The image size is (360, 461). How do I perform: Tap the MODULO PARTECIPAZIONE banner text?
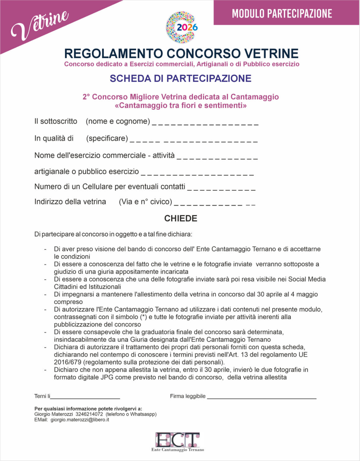click(x=282, y=13)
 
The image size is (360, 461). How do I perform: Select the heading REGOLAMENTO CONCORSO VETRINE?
click(x=181, y=53)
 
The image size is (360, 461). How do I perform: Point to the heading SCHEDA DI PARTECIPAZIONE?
click(x=180, y=78)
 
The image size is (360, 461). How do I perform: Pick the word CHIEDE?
click(x=181, y=218)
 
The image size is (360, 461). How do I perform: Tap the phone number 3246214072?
click(x=89, y=414)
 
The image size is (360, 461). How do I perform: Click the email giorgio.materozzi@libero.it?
click(x=80, y=420)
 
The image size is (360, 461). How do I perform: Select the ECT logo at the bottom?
click(x=178, y=440)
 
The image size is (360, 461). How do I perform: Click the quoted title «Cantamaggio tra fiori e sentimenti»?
click(x=181, y=105)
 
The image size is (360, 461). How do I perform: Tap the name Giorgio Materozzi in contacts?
click(x=53, y=414)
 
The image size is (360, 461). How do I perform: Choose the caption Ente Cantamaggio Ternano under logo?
click(x=178, y=450)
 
